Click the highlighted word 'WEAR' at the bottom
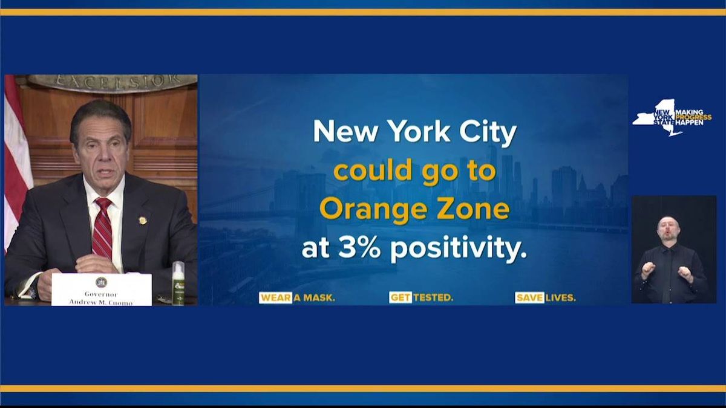tap(275, 298)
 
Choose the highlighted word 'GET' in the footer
tap(401, 298)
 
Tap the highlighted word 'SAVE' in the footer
tap(529, 298)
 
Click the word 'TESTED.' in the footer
tap(433, 298)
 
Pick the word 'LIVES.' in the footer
tap(561, 298)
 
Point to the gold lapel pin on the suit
tap(143, 220)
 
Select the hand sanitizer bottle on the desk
tap(178, 283)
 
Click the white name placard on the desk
tap(102, 290)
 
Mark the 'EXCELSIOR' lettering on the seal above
tap(113, 80)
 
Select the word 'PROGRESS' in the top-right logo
tap(693, 117)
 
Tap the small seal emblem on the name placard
tap(101, 282)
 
